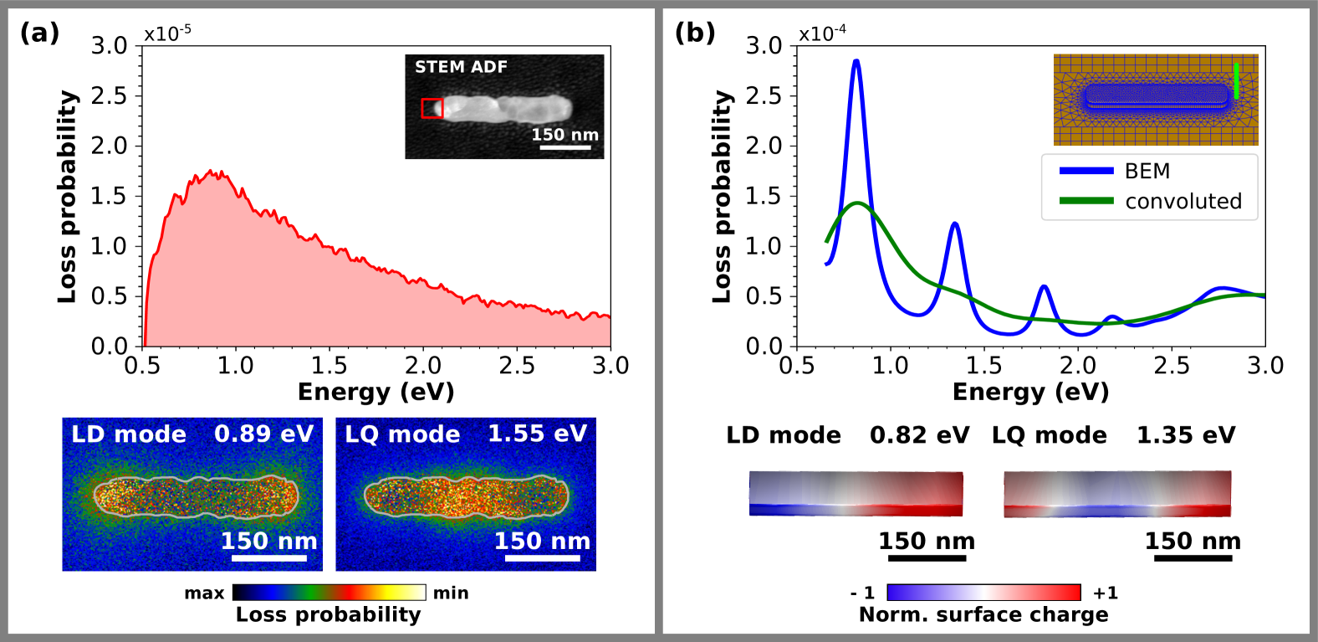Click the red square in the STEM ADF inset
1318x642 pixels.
[x=432, y=108]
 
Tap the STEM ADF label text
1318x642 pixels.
[x=461, y=67]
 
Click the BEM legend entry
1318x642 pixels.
[x=1147, y=171]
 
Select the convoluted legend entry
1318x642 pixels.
[x=1183, y=201]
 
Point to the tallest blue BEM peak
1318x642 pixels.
[x=856, y=62]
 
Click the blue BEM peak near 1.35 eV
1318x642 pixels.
[x=954, y=224]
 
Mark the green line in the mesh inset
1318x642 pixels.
[x=1236, y=80]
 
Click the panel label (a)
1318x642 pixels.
[x=39, y=33]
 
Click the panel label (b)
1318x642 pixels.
[x=695, y=33]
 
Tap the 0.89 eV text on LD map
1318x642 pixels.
[x=263, y=434]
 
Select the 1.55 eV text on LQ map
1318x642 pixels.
[x=538, y=434]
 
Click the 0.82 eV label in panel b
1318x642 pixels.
[x=919, y=435]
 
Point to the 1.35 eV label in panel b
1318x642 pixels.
[x=1185, y=435]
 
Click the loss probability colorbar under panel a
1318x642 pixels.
[x=329, y=593]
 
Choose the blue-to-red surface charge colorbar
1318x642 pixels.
[x=983, y=593]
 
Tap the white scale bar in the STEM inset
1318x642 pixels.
[x=565, y=148]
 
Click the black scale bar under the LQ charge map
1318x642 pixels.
[x=1193, y=557]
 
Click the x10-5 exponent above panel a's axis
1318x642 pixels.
[x=167, y=33]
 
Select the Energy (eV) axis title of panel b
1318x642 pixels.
[x=1030, y=392]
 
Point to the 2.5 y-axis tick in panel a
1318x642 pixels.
[x=109, y=95]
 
